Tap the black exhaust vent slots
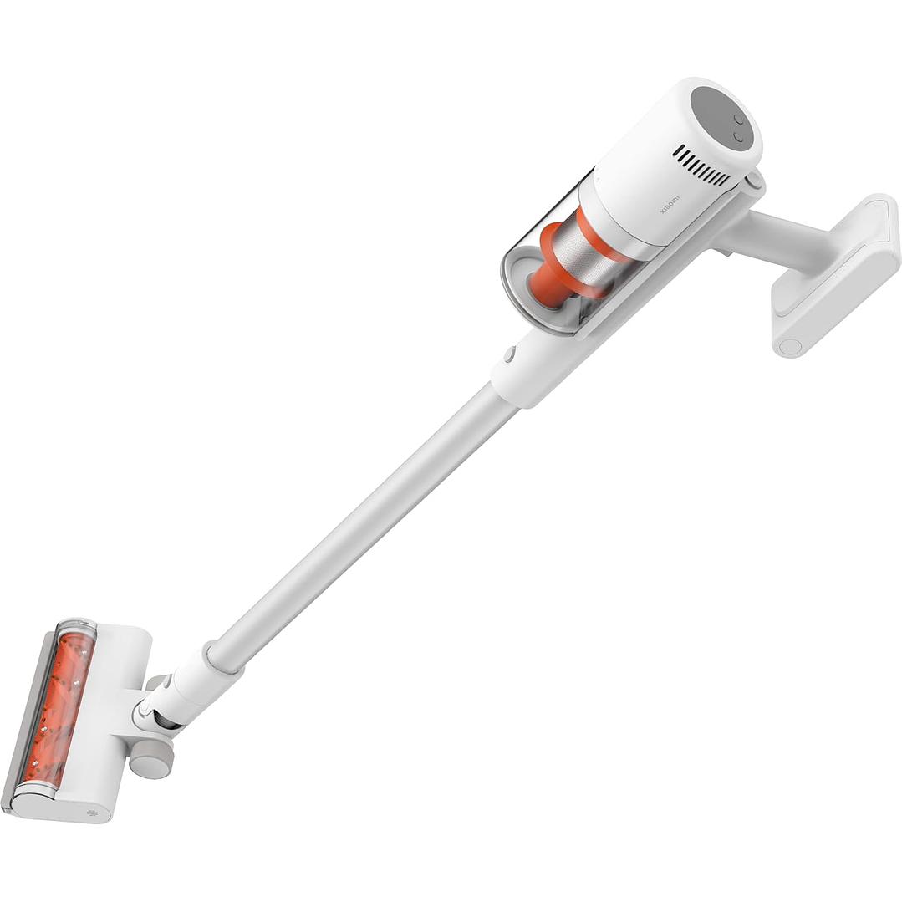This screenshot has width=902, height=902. (702, 166)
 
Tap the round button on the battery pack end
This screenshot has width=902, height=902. (791, 346)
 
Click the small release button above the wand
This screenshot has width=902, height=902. (509, 354)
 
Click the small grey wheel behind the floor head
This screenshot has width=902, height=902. (150, 757)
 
